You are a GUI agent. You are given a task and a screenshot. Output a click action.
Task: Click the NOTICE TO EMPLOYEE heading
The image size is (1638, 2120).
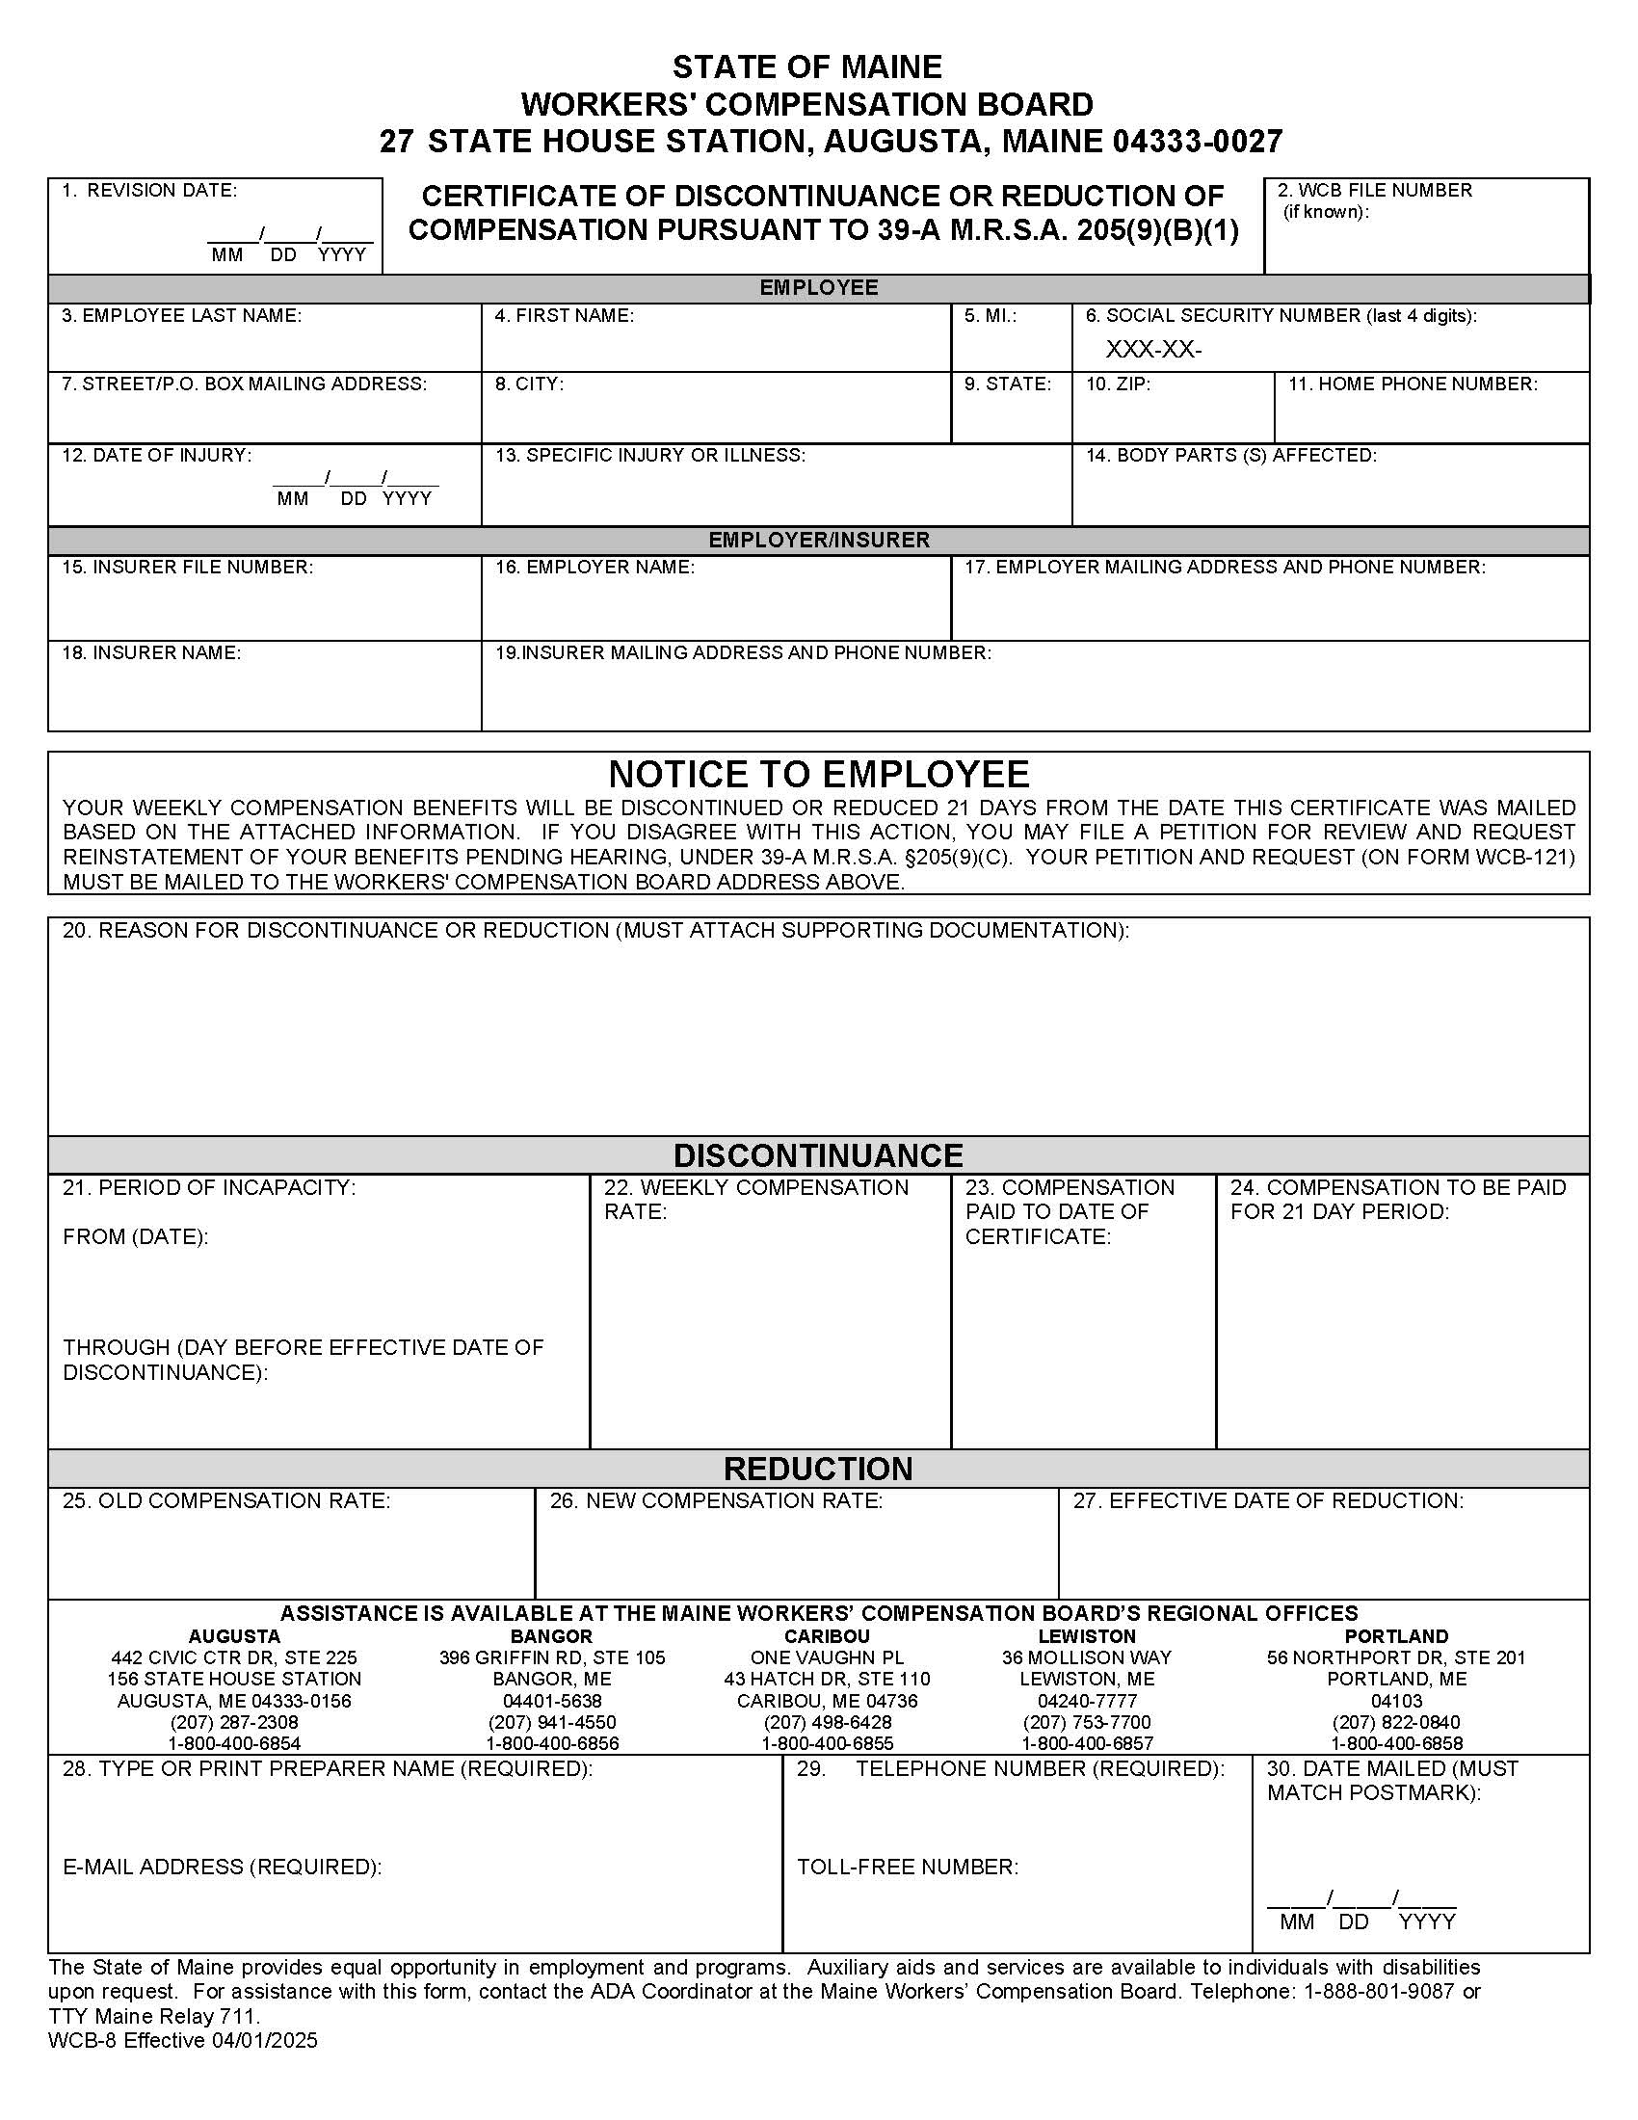[x=818, y=774]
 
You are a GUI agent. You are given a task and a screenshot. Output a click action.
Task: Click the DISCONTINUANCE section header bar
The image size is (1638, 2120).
[x=818, y=1155]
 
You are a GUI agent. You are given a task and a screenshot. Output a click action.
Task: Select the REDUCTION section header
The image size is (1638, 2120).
[x=818, y=1469]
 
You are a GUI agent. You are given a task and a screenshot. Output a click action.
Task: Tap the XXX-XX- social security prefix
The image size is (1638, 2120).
[x=1152, y=351]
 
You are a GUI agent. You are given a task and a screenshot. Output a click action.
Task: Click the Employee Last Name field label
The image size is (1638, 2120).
[x=181, y=315]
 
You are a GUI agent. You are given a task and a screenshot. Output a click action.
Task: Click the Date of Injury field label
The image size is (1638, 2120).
[x=155, y=455]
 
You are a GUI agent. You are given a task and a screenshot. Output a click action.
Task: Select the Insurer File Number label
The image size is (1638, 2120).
[x=187, y=567]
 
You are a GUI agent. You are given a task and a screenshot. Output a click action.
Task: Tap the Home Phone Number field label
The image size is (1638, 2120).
[x=1412, y=384]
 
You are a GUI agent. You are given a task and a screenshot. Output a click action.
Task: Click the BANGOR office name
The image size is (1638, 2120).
[x=551, y=1635]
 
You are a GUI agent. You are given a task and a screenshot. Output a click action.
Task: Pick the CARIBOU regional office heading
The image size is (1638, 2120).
[x=827, y=1635]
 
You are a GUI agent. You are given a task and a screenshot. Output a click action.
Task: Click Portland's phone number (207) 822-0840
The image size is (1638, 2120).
[x=1395, y=1722]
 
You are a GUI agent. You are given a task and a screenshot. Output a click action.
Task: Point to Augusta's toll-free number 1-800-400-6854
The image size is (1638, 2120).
[x=234, y=1743]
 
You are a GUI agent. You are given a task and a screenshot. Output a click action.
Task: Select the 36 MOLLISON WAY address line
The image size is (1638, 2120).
[x=1086, y=1657]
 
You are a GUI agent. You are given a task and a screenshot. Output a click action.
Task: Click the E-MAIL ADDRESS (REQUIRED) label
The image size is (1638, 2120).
[x=223, y=1867]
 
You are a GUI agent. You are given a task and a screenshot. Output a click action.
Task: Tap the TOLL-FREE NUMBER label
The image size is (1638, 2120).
[x=908, y=1867]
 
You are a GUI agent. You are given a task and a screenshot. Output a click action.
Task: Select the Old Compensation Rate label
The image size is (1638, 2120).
[x=226, y=1500]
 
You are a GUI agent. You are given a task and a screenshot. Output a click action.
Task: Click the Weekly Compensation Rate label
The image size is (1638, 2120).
[x=756, y=1199]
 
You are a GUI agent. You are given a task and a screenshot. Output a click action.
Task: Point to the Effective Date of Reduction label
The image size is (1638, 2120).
[x=1267, y=1500]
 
